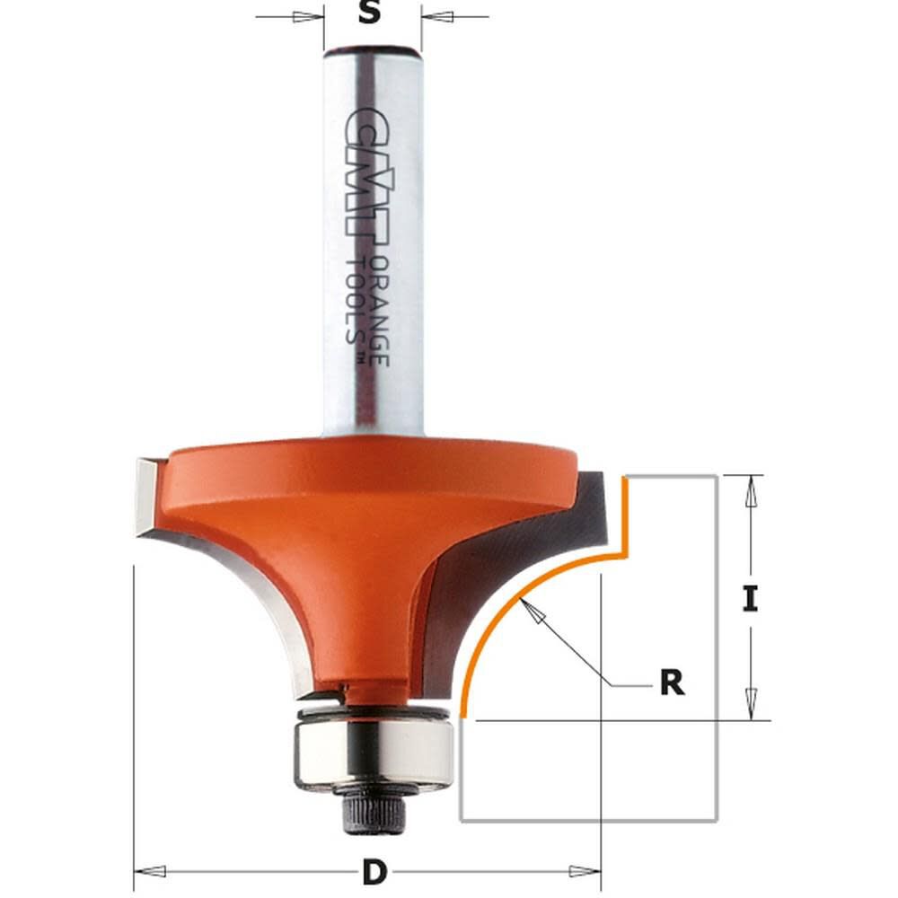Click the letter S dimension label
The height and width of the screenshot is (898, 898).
coord(370,14)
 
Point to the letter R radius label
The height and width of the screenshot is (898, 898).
coord(671,682)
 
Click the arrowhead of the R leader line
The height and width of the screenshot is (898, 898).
coord(535,612)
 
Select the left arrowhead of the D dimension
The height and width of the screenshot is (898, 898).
coord(151,870)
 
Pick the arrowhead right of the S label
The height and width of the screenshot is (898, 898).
coord(434,16)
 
